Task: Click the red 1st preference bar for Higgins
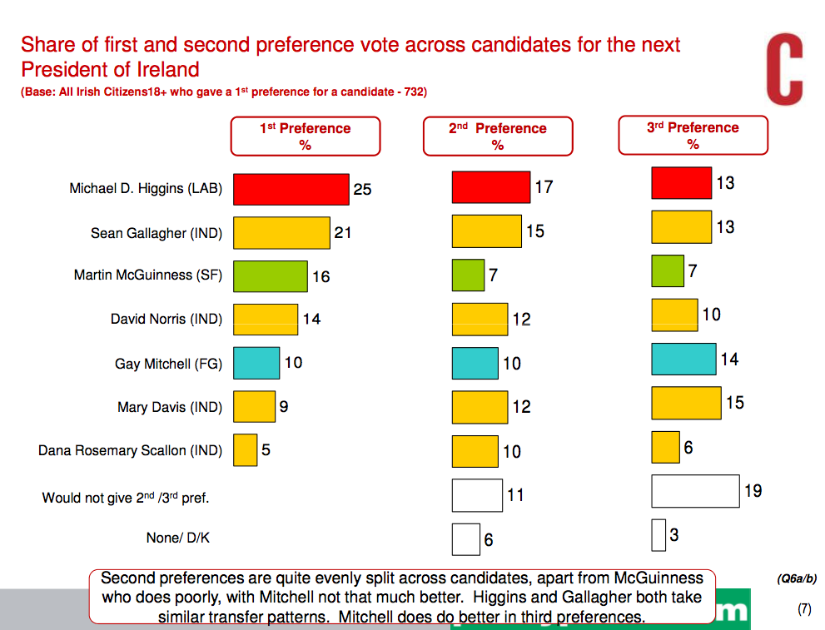point(291,189)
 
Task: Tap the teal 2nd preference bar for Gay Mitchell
point(475,363)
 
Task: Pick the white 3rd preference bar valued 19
point(695,491)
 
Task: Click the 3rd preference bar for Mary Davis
point(686,403)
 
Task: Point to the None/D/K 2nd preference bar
point(465,539)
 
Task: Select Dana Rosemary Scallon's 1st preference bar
point(245,450)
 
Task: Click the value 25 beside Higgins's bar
point(362,190)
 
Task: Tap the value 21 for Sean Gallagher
point(343,233)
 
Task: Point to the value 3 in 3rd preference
point(673,535)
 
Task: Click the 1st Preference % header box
point(305,136)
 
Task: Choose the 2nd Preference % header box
point(497,136)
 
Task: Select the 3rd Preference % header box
point(693,136)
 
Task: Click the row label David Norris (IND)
point(166,320)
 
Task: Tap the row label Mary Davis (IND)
point(170,407)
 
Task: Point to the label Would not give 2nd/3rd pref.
point(125,499)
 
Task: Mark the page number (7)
point(803,608)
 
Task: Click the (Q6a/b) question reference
point(797,578)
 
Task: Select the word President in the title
point(62,69)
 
